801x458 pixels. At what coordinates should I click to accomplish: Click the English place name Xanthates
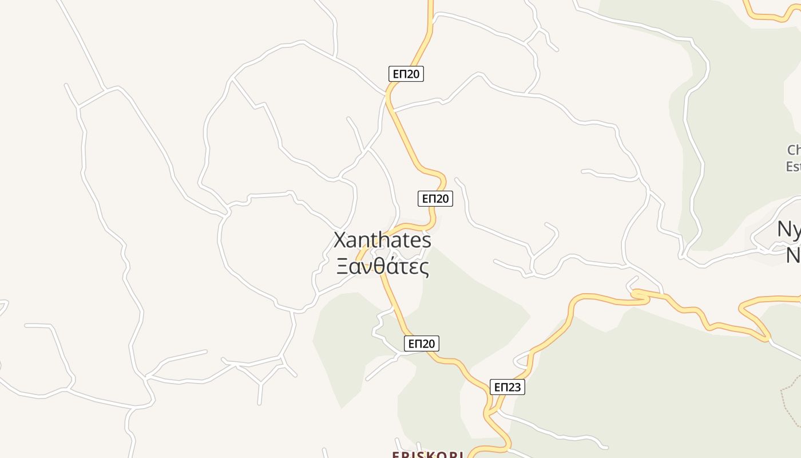point(382,240)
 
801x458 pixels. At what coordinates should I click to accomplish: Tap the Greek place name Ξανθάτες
point(382,267)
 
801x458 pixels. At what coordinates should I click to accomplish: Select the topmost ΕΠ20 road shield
point(406,74)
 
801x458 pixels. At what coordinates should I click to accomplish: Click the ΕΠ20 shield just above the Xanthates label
point(435,199)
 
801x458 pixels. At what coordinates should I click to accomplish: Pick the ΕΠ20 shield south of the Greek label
point(422,343)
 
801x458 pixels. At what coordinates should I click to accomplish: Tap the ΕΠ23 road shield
point(507,388)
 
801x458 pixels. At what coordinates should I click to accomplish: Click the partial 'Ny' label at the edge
point(789,229)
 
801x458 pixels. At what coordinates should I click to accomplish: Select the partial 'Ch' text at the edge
point(794,150)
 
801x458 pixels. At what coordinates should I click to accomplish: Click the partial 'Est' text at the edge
point(793,167)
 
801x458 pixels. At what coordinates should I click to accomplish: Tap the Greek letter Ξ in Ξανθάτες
point(342,267)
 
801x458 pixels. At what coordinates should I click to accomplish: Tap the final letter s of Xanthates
point(426,240)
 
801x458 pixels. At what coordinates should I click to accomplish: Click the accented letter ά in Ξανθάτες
point(388,267)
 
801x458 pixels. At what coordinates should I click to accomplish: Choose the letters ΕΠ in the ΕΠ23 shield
point(501,388)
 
